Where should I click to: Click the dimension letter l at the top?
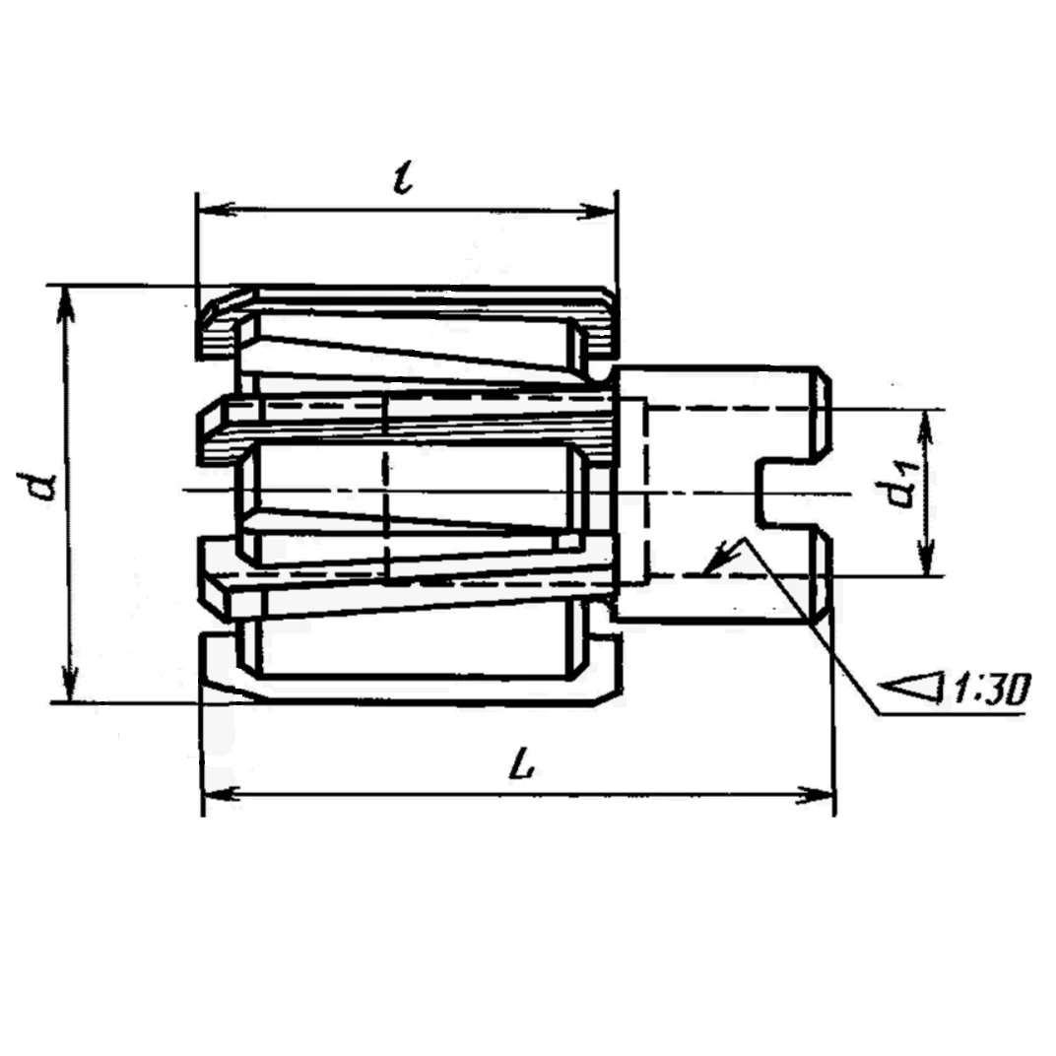[403, 177]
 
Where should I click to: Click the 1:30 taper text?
[990, 691]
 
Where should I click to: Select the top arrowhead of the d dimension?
[67, 304]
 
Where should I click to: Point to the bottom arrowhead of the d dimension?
[70, 683]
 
